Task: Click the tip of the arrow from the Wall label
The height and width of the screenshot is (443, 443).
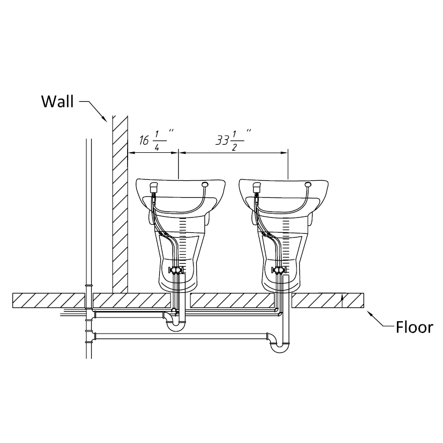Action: tap(107, 122)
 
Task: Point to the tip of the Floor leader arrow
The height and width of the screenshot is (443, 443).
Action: tap(367, 311)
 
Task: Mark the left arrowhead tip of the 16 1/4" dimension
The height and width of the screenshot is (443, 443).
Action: tap(128, 153)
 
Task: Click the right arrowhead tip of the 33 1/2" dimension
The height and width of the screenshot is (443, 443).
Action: tap(287, 153)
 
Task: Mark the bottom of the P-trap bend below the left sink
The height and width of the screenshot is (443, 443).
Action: tap(175, 331)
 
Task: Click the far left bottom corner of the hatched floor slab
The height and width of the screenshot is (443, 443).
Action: tap(13, 307)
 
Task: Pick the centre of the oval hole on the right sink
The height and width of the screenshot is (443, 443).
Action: tap(308, 185)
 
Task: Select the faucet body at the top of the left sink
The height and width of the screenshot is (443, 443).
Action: tap(153, 187)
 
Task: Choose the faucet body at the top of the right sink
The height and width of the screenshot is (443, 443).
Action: tap(256, 187)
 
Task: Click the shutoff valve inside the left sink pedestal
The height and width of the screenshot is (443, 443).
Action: tap(176, 270)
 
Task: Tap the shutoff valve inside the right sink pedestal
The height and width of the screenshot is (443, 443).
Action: tap(280, 270)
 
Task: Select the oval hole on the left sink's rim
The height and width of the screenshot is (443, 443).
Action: tap(205, 185)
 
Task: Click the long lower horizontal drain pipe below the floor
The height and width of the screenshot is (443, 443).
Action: tap(181, 336)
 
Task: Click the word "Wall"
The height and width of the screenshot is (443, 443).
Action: tap(57, 101)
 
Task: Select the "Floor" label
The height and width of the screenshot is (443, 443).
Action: tap(414, 328)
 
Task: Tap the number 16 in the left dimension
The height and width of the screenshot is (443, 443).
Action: tap(144, 140)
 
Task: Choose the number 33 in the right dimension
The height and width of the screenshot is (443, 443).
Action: tap(222, 140)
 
